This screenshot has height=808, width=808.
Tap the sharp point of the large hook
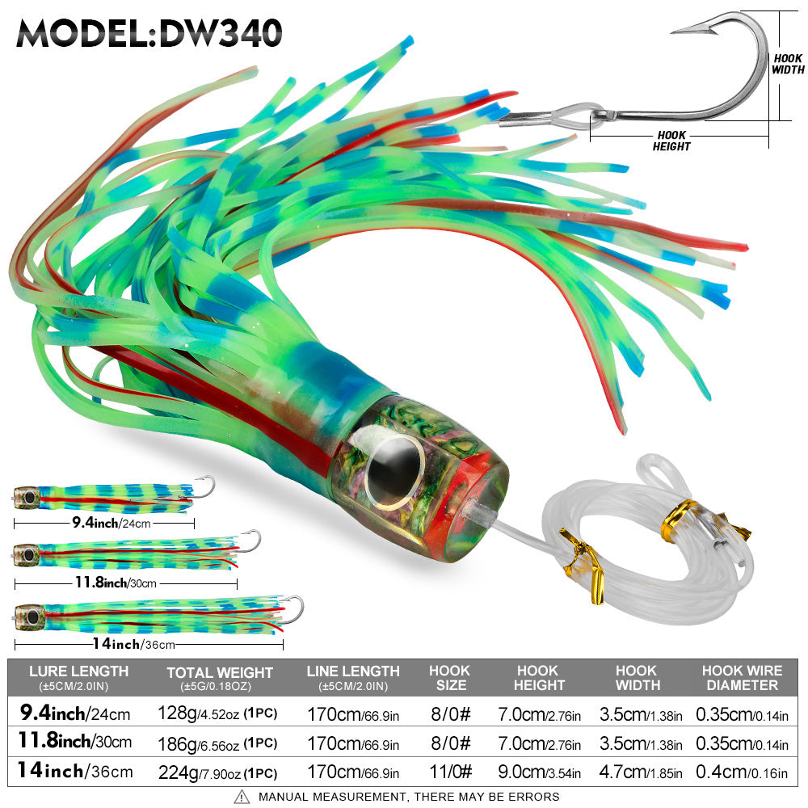pyautogui.click(x=673, y=32)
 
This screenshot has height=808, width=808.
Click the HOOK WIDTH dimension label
pyautogui.click(x=788, y=64)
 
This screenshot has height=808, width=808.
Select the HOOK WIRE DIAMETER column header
pyautogui.click(x=742, y=677)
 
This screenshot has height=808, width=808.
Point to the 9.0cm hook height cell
pyautogui.click(x=538, y=772)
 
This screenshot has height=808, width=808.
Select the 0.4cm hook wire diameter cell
pyautogui.click(x=742, y=772)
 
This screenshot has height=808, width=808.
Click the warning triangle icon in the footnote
pyautogui.click(x=242, y=797)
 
